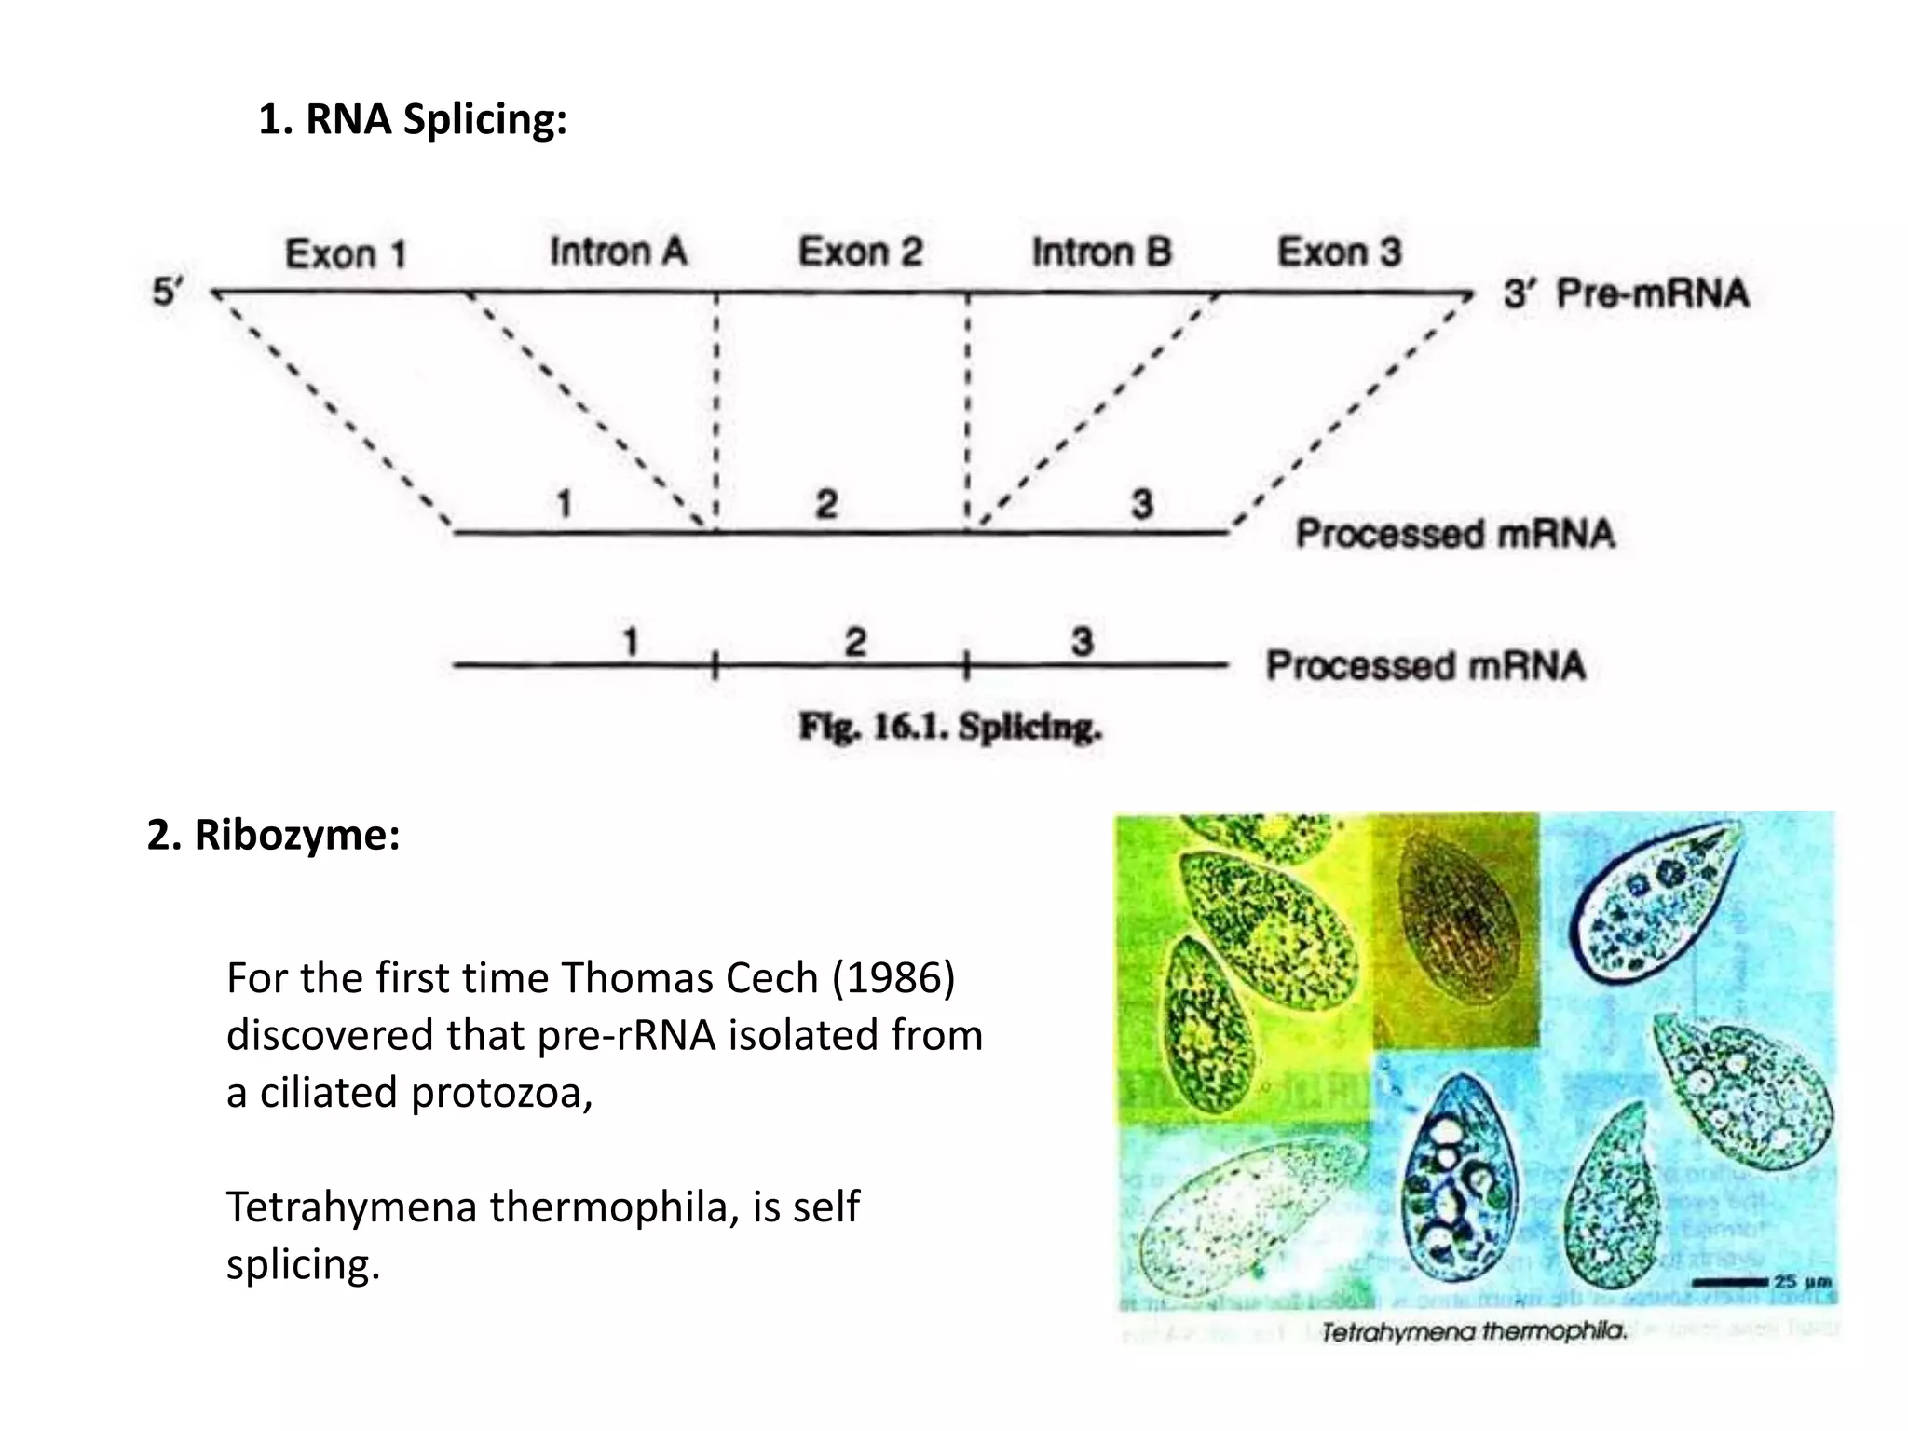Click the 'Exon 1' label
pyautogui.click(x=346, y=254)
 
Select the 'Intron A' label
pyautogui.click(x=618, y=252)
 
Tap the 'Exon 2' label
pyautogui.click(x=860, y=252)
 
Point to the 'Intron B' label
pyautogui.click(x=1101, y=252)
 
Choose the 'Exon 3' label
pyautogui.click(x=1339, y=252)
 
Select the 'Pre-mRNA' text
pyautogui.click(x=1653, y=293)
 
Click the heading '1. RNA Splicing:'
pyautogui.click(x=413, y=119)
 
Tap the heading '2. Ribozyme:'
pyautogui.click(x=273, y=835)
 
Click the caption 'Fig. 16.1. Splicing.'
pyautogui.click(x=950, y=727)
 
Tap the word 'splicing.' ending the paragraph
pyautogui.click(x=304, y=1265)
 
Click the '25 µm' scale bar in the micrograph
pyautogui.click(x=1761, y=1283)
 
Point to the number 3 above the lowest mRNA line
pyautogui.click(x=1081, y=641)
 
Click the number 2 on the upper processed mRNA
pyautogui.click(x=826, y=504)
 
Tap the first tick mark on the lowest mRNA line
pyautogui.click(x=715, y=665)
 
